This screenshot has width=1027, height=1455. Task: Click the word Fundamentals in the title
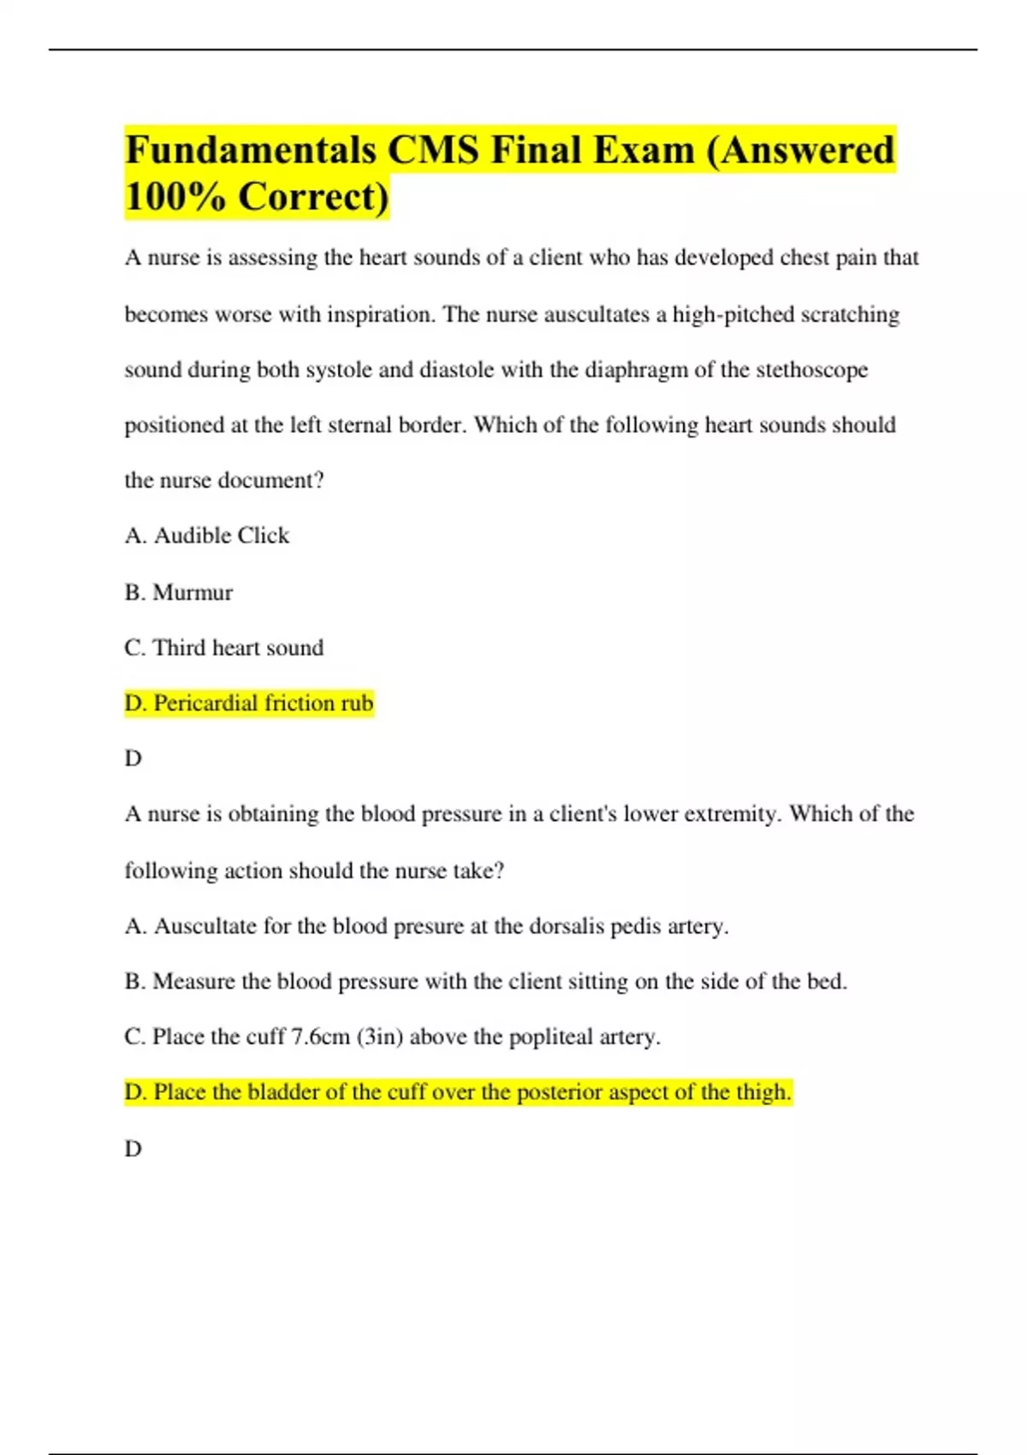(x=251, y=151)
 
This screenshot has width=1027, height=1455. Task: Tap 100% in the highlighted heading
(x=175, y=197)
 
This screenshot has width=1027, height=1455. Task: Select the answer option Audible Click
(x=221, y=536)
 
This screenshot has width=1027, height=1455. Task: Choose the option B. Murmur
(x=178, y=592)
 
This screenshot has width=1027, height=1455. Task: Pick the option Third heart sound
(x=238, y=648)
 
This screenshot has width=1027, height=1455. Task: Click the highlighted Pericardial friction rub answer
(x=249, y=704)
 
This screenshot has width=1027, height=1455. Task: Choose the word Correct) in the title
(x=313, y=197)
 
